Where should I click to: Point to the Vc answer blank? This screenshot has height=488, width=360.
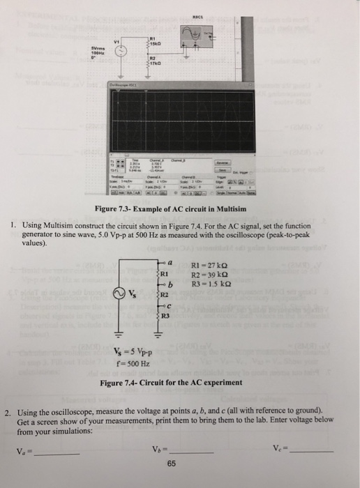click(x=317, y=450)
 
